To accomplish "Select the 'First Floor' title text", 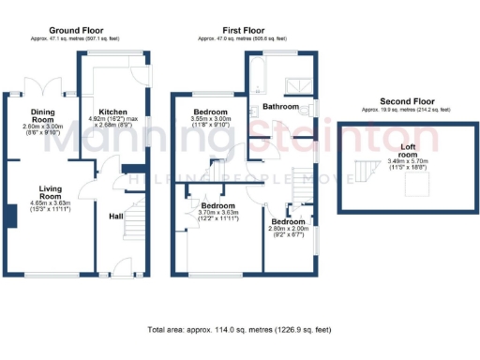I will (x=242, y=31).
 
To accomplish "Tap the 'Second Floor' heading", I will (x=407, y=100).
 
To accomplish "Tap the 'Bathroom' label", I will (x=280, y=107).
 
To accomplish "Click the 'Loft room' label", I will (x=407, y=149).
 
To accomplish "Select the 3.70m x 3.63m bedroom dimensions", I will (x=218, y=216).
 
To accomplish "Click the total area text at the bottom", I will (x=240, y=331).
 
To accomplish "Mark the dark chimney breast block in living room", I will (x=11, y=216).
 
